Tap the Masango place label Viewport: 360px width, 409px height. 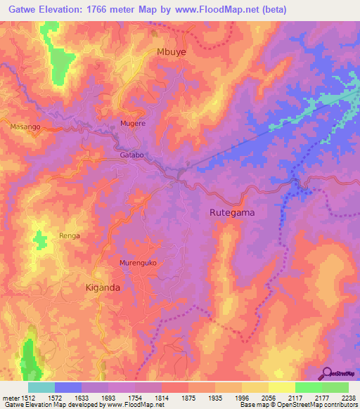pos(25,126)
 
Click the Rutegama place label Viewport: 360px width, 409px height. pos(231,212)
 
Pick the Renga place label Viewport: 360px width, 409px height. pos(70,236)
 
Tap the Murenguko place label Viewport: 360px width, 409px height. pos(137,263)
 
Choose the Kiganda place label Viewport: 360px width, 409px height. pos(103,288)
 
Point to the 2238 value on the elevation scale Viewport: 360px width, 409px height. pos(346,397)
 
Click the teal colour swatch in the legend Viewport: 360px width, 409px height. pos(41,387)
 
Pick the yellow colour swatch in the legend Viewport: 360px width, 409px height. pos(281,387)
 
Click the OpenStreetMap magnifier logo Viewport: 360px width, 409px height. pos(326,373)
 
